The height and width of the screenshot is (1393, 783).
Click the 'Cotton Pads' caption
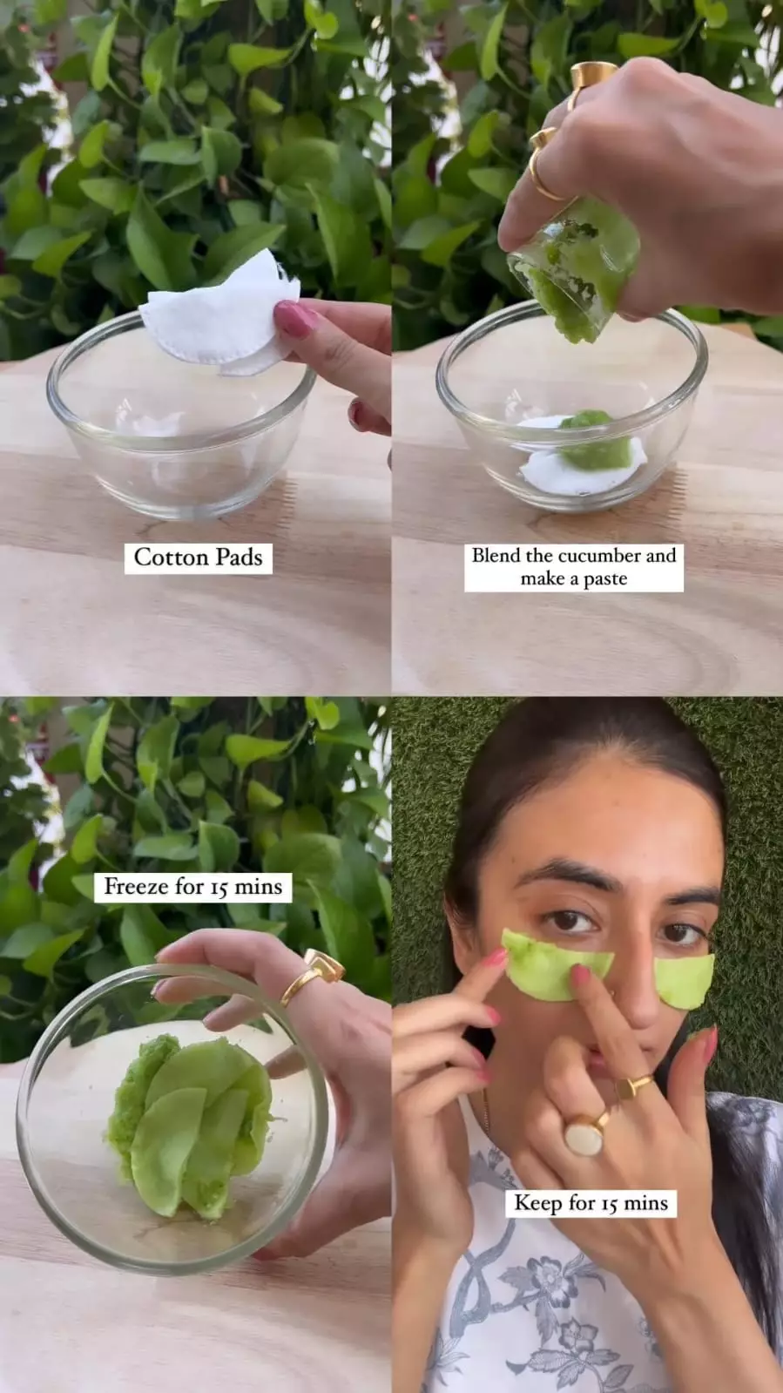point(199,558)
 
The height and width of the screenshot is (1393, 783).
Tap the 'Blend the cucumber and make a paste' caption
point(573,566)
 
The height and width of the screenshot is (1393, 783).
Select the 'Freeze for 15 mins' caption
point(192,886)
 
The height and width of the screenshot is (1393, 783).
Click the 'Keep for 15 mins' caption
point(591,1203)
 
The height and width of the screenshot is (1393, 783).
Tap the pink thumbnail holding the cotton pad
point(294,318)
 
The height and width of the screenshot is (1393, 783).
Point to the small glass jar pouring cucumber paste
point(573,267)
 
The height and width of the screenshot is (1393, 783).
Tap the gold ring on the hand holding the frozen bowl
point(312,977)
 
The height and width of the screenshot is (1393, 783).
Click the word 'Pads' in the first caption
point(240,558)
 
